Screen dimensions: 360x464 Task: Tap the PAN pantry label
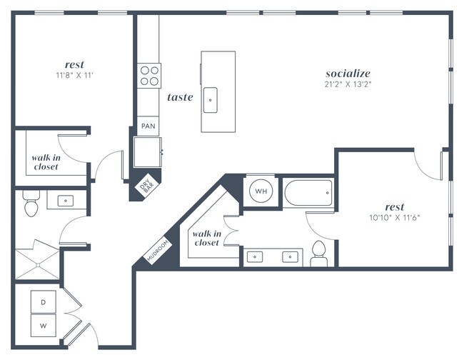[x=148, y=126]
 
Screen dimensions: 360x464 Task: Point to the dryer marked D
[x=43, y=303]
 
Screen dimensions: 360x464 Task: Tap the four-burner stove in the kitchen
[x=148, y=75]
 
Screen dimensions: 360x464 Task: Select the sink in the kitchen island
[x=211, y=100]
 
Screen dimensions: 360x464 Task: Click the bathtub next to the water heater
[x=307, y=191]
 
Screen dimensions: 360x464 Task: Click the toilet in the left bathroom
[x=31, y=205]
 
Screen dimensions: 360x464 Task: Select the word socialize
[x=348, y=73]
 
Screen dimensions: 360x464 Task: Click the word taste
[x=180, y=97]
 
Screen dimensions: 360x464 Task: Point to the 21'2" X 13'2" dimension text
[x=348, y=85]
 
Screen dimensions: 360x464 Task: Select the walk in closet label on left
[x=44, y=162]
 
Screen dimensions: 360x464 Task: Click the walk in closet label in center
[x=206, y=239]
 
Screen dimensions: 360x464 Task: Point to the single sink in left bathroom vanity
[x=66, y=201]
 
